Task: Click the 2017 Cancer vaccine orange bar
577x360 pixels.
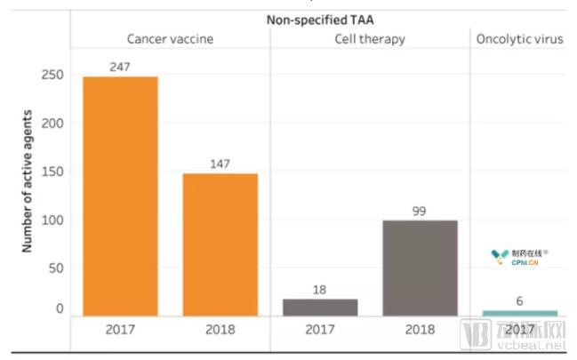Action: pos(120,196)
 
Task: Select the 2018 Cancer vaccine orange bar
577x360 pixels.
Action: pos(220,244)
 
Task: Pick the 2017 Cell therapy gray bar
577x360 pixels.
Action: pos(319,307)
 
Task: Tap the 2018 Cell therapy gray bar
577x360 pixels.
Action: pos(420,268)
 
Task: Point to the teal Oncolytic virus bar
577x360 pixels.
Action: pos(520,313)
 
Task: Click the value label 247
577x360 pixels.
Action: pos(120,67)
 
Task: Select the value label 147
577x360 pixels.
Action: pos(220,164)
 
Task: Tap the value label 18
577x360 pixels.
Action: pos(319,289)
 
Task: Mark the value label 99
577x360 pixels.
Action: pos(420,210)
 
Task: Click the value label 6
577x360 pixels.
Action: pos(520,301)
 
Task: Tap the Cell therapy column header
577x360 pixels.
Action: pos(370,39)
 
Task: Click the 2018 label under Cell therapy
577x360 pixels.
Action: pos(420,330)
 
